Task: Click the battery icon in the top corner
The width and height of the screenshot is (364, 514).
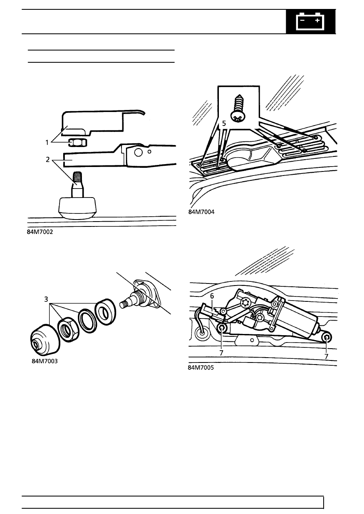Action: pos(310,21)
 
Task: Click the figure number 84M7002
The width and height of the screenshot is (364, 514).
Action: pos(40,232)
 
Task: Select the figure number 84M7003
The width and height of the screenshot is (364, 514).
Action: pos(44,361)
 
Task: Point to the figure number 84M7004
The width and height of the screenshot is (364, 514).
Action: pos(201,212)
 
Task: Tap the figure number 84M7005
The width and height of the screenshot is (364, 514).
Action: pos(201,368)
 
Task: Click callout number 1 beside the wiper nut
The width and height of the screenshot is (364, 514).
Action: pos(47,143)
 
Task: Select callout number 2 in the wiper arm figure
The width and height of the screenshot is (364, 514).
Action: pos(48,160)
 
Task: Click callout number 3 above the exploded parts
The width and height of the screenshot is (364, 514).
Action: pos(46,299)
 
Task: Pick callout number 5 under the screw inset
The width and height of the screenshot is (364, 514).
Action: pos(224,124)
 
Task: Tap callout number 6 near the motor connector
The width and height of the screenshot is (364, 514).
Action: pos(212,296)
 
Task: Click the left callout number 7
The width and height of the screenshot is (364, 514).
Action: pos(221,353)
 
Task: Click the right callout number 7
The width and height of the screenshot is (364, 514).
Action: pos(326,356)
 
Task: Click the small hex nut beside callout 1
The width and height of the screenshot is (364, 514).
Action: pos(78,143)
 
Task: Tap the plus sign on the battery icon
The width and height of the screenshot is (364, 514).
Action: pos(317,20)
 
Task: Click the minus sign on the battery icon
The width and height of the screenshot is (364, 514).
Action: pos(302,20)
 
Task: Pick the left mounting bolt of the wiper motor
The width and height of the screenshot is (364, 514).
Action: pos(222,329)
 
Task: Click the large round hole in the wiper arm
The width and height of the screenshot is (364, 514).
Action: pos(138,153)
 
